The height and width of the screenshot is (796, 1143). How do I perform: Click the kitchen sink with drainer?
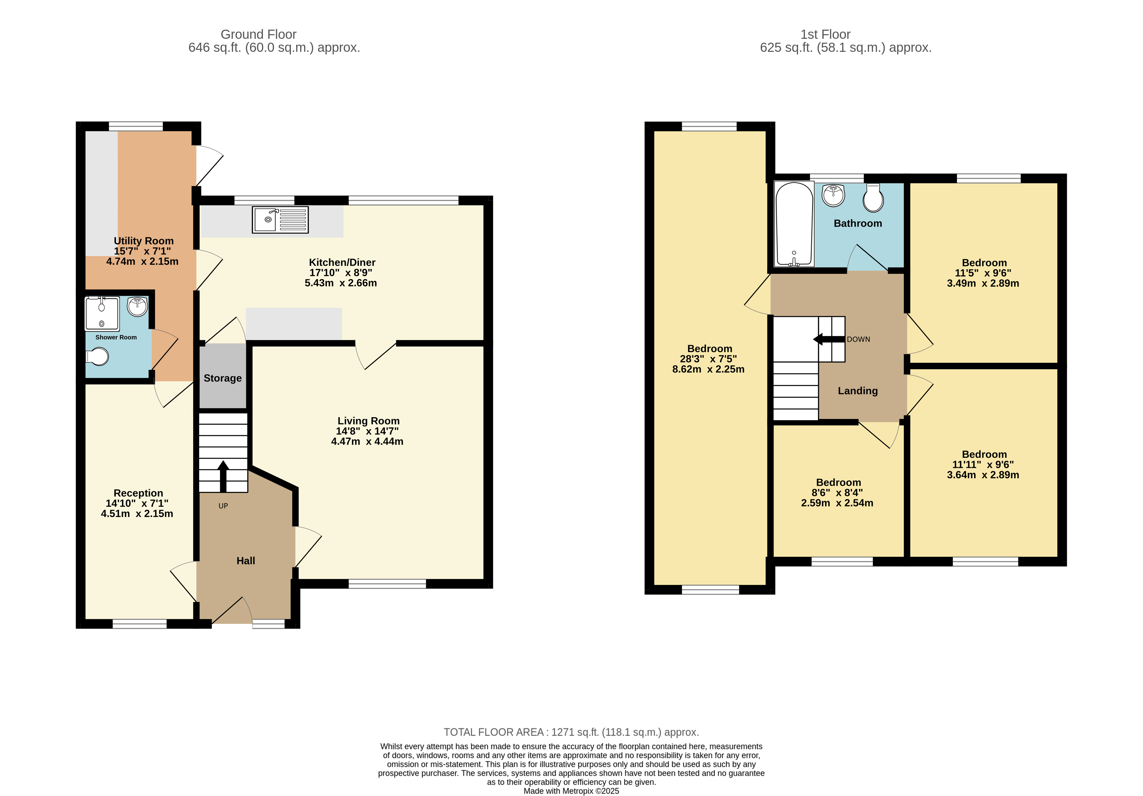pos(280,219)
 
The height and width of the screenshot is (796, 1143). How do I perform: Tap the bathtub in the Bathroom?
pos(794,224)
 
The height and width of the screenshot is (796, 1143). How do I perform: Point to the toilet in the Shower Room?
pos(98,356)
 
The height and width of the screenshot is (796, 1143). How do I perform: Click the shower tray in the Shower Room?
pos(102,314)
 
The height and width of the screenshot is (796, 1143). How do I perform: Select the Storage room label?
pos(223,378)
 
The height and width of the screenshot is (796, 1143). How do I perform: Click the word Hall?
pos(245,561)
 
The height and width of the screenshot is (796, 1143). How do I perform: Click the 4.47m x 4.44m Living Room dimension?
pos(367,442)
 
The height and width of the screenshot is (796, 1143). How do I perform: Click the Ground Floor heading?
pos(258,34)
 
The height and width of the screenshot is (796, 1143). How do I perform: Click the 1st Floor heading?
pos(825,34)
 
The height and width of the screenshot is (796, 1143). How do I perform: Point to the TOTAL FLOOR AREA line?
pos(571,732)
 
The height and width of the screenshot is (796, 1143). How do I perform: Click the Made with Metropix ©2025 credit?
pos(571,791)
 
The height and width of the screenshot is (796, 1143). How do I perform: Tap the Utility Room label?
pos(143,241)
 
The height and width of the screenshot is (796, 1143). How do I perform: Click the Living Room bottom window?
pos(387,584)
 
